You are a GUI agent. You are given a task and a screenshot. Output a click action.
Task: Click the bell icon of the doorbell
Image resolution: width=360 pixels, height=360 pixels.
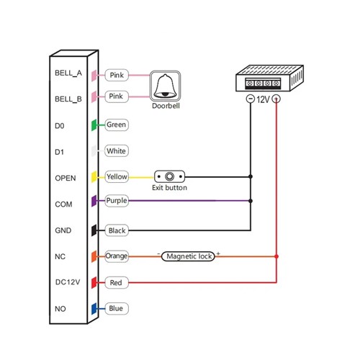[x=165, y=86]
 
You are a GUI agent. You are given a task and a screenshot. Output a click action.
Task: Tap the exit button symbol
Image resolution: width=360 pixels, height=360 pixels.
[x=169, y=176]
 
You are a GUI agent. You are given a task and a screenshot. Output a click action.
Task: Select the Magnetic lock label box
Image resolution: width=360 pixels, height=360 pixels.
[x=188, y=256]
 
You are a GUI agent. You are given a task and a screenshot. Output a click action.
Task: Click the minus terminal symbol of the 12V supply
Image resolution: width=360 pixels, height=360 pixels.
[x=251, y=99]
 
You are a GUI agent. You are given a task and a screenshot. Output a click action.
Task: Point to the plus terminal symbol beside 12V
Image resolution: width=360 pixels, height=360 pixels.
[x=276, y=99]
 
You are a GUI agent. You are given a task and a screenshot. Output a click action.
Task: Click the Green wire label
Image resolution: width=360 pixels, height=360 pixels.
[x=117, y=125]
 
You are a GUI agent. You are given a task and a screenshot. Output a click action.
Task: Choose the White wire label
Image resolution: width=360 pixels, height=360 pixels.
[x=117, y=151]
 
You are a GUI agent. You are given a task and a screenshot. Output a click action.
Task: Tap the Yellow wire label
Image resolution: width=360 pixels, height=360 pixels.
[x=117, y=177]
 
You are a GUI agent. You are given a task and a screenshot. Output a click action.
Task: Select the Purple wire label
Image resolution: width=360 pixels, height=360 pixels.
[x=117, y=201]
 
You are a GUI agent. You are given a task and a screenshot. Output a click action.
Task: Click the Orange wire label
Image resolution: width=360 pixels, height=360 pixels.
[x=117, y=256]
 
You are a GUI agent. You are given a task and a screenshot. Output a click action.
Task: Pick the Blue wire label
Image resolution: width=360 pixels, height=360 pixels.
[x=117, y=308]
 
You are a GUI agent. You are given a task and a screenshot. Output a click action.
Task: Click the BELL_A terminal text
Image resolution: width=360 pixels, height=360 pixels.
[x=68, y=73]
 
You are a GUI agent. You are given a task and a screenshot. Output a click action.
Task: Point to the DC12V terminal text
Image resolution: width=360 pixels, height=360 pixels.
[x=68, y=282]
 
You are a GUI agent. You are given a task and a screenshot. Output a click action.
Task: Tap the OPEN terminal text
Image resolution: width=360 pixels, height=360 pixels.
[x=66, y=178]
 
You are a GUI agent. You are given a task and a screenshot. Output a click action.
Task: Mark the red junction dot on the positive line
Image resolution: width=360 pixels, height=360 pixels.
[x=276, y=256]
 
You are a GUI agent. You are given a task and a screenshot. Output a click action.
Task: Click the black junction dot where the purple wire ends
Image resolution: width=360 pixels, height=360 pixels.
[x=251, y=201]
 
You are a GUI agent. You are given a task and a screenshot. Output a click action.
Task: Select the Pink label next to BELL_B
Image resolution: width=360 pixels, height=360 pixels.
[x=117, y=96]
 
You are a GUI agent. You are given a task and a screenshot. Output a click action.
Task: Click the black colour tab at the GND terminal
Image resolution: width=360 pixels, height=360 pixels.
[x=94, y=230]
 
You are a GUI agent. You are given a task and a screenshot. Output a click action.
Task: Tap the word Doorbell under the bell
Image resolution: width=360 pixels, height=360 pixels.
[x=166, y=106]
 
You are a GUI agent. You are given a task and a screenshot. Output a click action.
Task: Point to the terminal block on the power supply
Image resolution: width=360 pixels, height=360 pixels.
[x=263, y=84]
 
